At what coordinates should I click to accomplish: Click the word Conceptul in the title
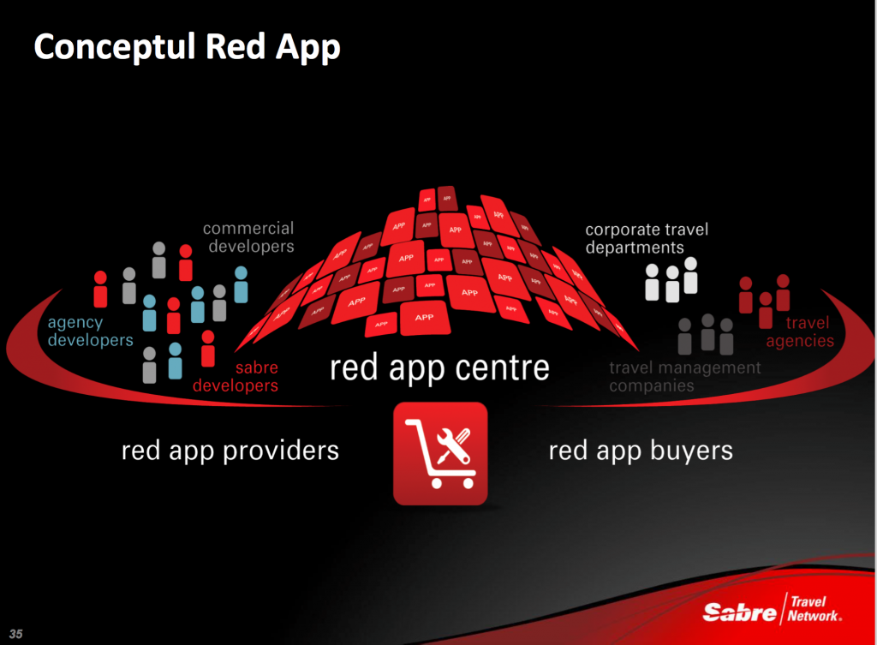(x=115, y=47)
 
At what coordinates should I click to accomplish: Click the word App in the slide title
(x=307, y=48)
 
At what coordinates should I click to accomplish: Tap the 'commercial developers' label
(x=248, y=237)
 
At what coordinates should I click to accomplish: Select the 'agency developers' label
(x=90, y=331)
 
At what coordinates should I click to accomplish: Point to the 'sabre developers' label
(x=236, y=377)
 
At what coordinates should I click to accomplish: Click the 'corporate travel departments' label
(x=647, y=238)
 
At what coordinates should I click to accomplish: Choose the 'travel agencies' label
(x=800, y=331)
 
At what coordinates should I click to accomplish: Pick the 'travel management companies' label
(x=684, y=377)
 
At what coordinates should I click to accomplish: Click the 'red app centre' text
(x=439, y=367)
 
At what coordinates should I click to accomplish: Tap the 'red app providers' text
(x=230, y=451)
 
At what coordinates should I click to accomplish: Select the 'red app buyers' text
(x=641, y=451)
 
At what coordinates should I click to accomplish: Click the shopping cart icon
(x=440, y=454)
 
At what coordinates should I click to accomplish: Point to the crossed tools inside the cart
(x=453, y=446)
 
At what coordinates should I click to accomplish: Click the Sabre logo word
(x=739, y=612)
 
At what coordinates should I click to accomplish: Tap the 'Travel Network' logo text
(x=814, y=609)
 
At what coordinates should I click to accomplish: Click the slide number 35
(x=15, y=634)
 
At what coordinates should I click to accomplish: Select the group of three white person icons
(x=671, y=280)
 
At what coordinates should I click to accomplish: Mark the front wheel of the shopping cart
(x=437, y=483)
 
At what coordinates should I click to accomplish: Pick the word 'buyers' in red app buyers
(x=691, y=451)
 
